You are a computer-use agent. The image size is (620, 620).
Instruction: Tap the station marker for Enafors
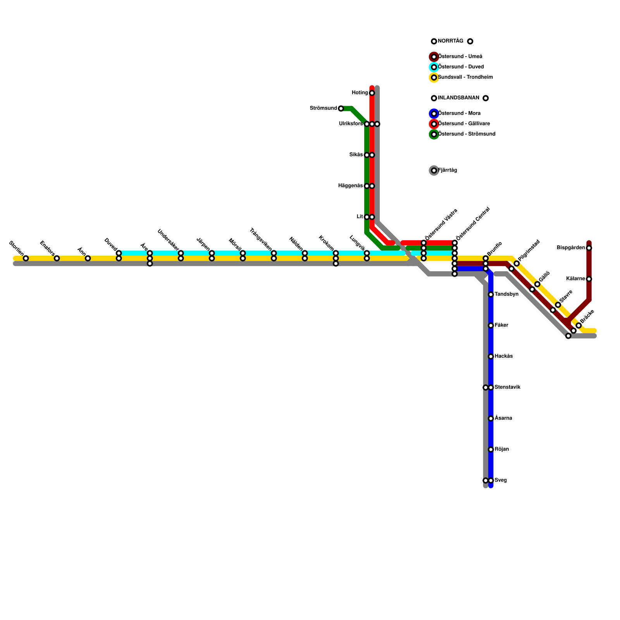click(x=57, y=258)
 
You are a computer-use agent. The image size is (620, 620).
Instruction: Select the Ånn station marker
click(x=88, y=258)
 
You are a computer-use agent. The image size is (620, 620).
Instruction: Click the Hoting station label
click(x=360, y=93)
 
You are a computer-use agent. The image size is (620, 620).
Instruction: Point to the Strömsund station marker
click(x=341, y=108)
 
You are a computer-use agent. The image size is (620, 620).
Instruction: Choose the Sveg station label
click(x=501, y=480)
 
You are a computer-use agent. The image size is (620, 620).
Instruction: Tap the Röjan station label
click(x=501, y=449)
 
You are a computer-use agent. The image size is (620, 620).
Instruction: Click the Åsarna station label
click(x=503, y=418)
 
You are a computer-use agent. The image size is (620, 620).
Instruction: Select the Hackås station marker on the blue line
click(x=491, y=356)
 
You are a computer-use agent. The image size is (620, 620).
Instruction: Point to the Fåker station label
click(x=501, y=325)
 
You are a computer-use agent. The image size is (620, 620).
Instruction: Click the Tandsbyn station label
click(x=506, y=294)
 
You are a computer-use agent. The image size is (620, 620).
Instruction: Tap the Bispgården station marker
click(x=589, y=248)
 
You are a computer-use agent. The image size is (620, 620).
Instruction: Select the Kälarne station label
click(x=575, y=279)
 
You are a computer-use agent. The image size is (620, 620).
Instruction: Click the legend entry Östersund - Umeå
click(x=460, y=57)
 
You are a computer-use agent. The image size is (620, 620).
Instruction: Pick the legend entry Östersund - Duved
click(x=461, y=67)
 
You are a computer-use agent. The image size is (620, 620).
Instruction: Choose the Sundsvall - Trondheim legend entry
click(x=465, y=77)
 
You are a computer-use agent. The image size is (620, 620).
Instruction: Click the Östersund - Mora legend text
click(x=459, y=114)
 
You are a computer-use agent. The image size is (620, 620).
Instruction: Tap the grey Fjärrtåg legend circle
click(x=434, y=170)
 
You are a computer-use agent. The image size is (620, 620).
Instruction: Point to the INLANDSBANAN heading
click(x=458, y=98)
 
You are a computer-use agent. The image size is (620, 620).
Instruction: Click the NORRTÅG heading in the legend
click(x=450, y=41)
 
